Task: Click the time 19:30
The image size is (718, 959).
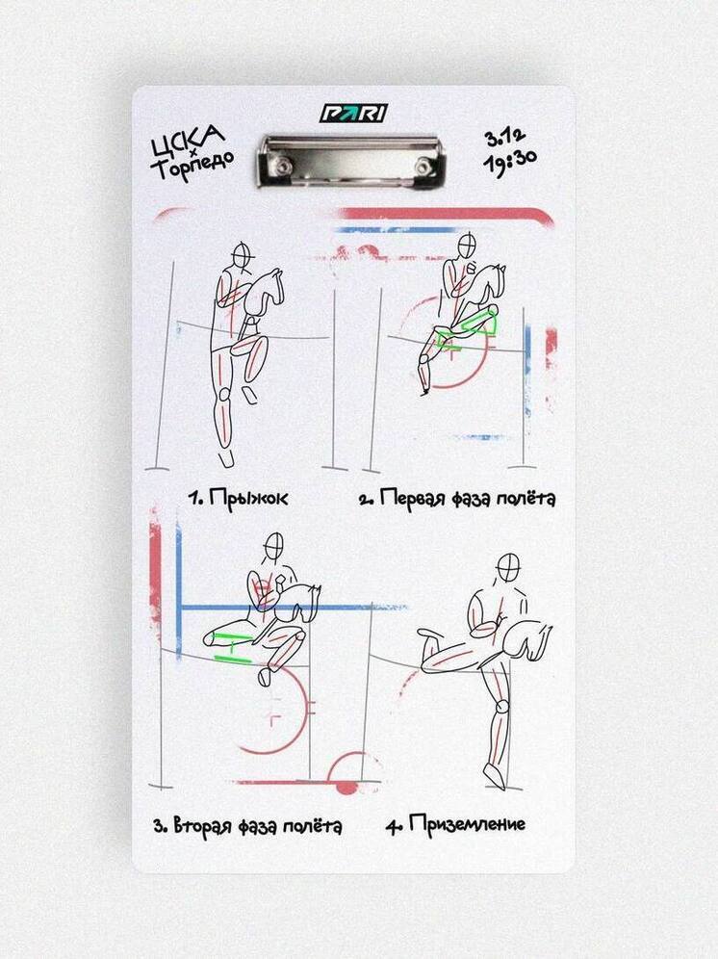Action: [509, 164]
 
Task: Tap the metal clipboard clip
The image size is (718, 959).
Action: [351, 160]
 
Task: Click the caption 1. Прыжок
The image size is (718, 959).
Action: [238, 499]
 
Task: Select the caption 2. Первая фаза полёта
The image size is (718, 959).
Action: [456, 499]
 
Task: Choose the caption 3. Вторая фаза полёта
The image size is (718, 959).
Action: [247, 826]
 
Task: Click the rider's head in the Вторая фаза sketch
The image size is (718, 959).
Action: [275, 545]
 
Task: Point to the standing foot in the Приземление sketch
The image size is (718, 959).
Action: [494, 776]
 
